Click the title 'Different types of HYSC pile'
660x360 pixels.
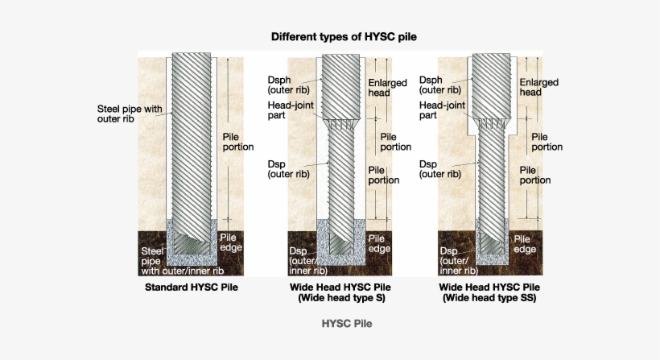tap(344, 37)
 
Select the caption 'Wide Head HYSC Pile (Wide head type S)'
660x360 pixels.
tap(341, 292)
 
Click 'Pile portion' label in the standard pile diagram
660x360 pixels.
tap(237, 142)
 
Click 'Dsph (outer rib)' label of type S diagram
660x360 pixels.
tap(285, 85)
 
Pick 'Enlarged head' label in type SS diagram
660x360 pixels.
tap(538, 88)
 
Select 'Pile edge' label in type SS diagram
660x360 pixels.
tap(525, 244)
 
